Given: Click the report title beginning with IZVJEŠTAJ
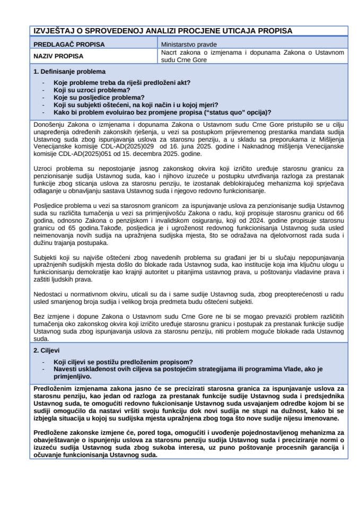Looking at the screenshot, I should (162, 31).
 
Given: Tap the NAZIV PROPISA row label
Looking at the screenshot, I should (58, 56).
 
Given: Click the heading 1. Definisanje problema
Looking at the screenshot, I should (69, 71).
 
